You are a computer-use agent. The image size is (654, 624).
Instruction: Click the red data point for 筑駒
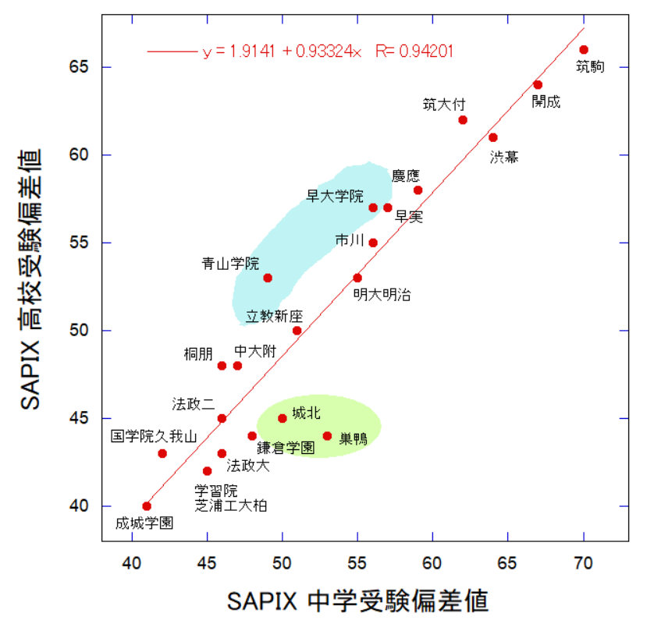pos(584,50)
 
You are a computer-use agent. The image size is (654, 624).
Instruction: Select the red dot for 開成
pos(538,85)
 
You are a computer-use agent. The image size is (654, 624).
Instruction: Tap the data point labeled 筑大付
pos(463,120)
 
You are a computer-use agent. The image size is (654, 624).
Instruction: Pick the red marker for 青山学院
pos(268,278)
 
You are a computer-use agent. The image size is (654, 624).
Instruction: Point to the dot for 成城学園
pos(147,506)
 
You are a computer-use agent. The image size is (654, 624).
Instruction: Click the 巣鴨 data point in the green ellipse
pos(327,436)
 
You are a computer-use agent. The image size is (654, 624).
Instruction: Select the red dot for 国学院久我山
pos(162,453)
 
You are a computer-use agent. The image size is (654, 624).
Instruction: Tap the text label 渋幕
pos(504,157)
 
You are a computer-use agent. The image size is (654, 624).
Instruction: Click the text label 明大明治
pos(382,294)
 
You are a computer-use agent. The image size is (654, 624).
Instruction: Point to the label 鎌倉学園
pos(286,448)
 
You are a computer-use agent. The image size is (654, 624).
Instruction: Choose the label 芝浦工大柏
pos(231,505)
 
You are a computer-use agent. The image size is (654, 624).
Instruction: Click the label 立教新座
pos(274,317)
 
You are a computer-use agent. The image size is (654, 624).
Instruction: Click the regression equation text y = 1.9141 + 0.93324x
pos(283,52)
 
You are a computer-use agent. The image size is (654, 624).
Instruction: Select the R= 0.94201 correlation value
pos(414,52)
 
